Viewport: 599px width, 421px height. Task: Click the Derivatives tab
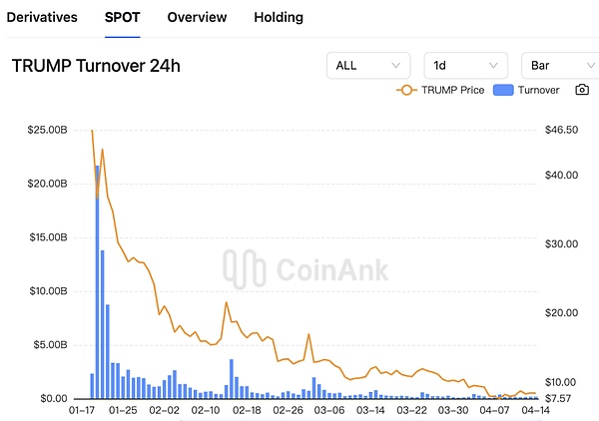[42, 17]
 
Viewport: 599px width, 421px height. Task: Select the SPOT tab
[122, 17]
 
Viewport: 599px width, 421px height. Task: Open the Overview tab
[197, 17]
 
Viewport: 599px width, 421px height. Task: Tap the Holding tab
[279, 17]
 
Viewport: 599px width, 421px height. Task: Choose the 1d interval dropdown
[465, 66]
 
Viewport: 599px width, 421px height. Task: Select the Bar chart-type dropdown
[559, 66]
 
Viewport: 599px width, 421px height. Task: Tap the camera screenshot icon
[581, 90]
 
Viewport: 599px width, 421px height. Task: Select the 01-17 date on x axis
[82, 410]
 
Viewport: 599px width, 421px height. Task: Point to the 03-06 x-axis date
[329, 410]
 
